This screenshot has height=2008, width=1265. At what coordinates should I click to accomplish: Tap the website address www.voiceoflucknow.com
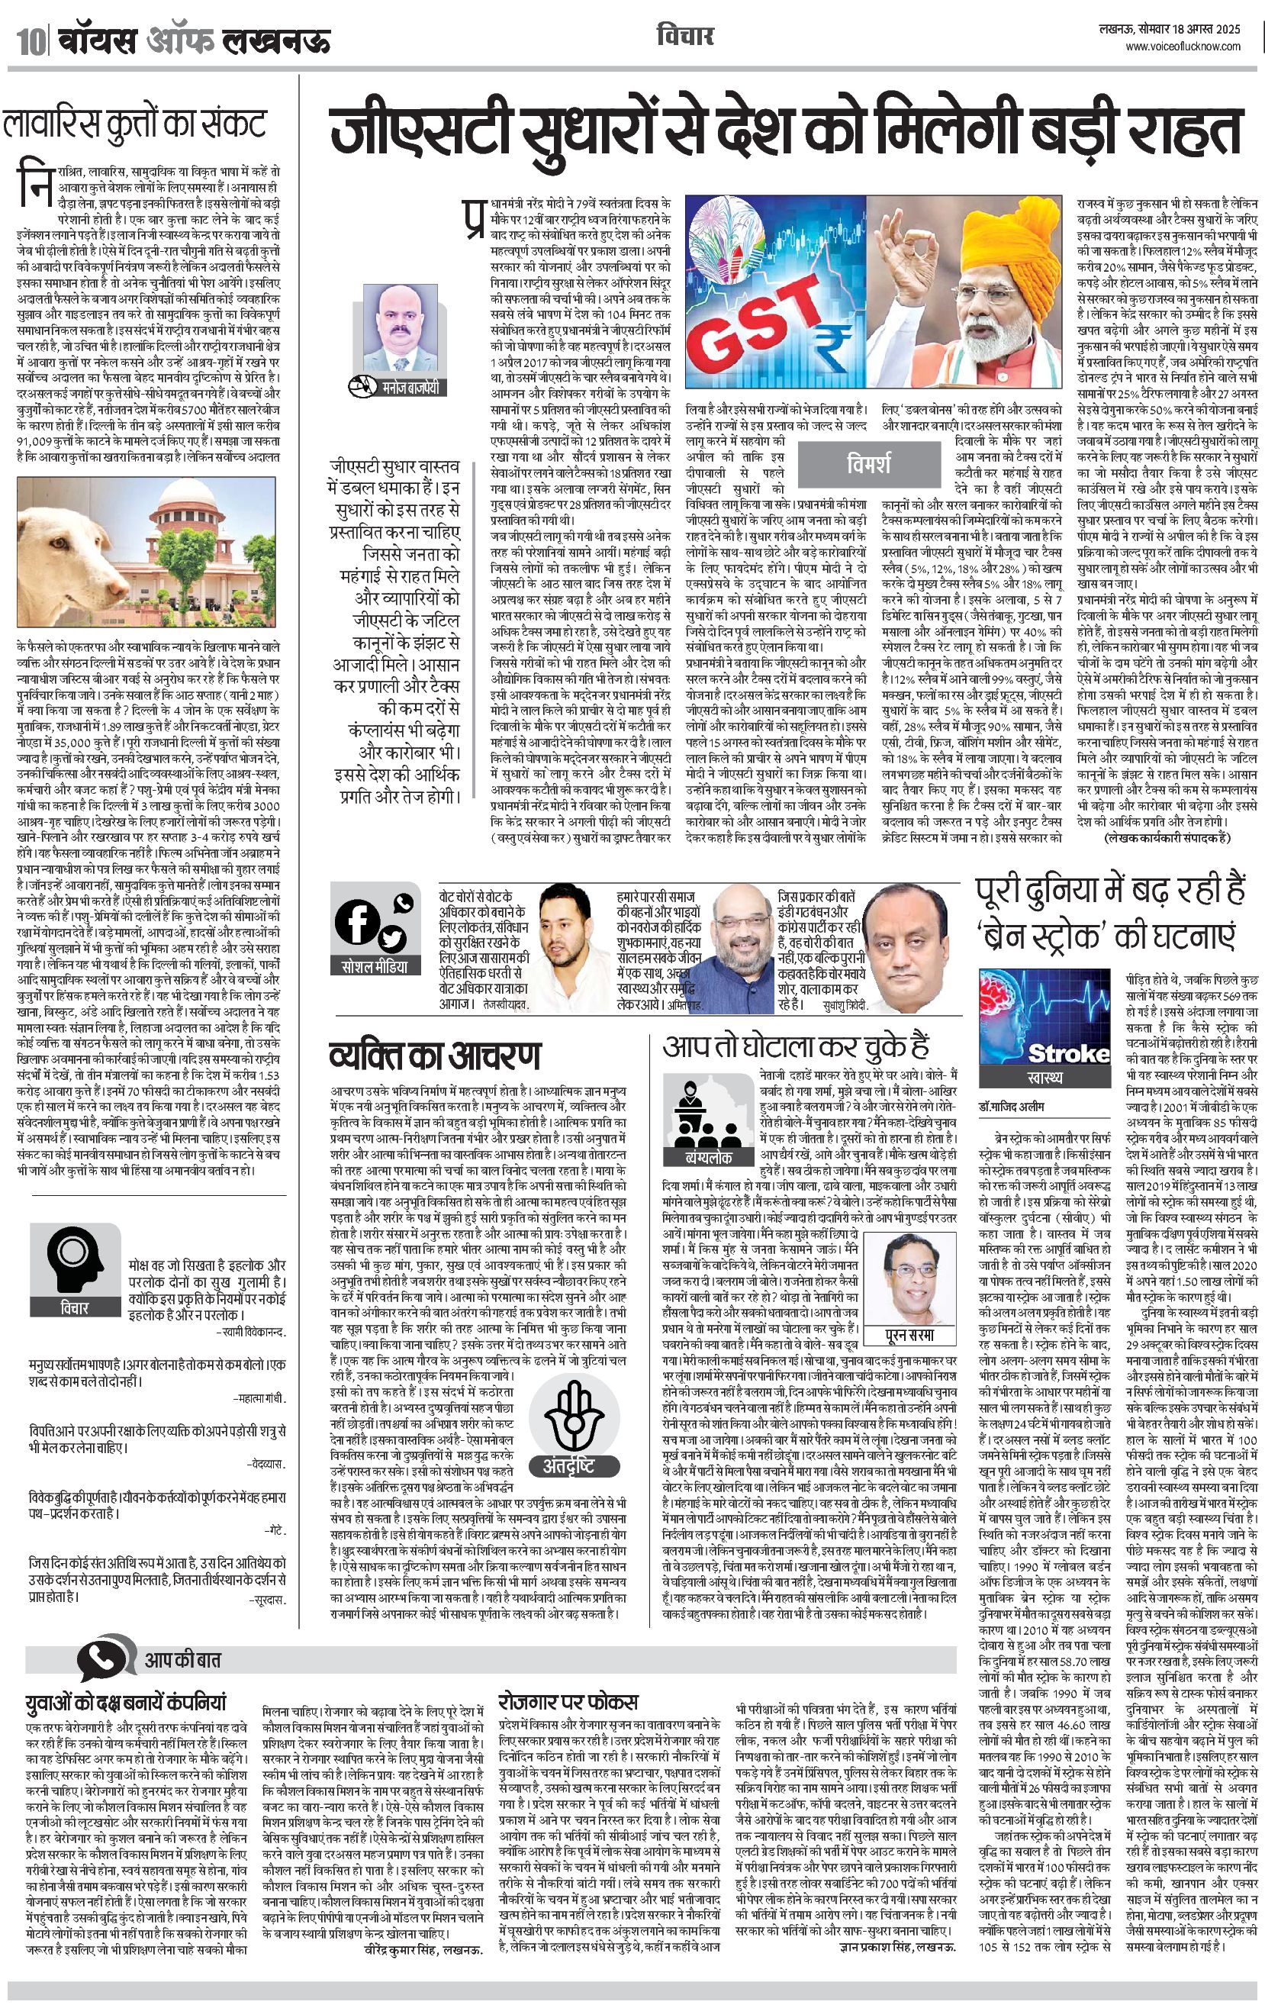click(1183, 47)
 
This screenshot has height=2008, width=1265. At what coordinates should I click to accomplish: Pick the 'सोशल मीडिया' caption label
click(375, 967)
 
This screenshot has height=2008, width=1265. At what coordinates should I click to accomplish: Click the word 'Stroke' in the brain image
click(1068, 1053)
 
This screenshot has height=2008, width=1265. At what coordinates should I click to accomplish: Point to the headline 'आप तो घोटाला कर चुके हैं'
click(796, 1047)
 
